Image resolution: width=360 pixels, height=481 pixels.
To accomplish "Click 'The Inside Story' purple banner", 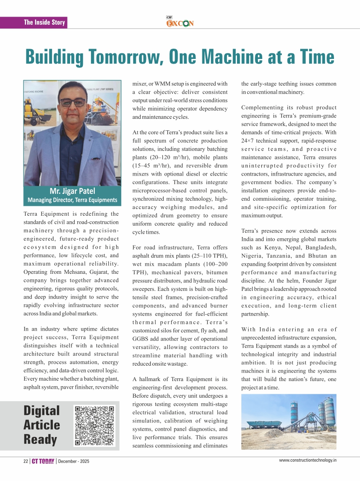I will click(44, 22).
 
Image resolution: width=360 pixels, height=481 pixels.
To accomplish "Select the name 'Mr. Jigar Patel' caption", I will click(73, 191).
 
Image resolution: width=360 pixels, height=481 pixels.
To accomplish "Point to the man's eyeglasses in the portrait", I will click(73, 103).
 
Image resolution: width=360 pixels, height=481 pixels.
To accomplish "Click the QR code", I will click(95, 425).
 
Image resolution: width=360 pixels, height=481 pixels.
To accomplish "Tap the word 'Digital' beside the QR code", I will click(42, 411).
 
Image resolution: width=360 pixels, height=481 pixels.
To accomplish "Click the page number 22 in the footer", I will click(26, 461).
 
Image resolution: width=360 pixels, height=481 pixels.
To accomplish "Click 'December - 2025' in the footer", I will click(74, 461).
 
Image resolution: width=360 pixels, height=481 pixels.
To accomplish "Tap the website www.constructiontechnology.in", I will click(308, 460).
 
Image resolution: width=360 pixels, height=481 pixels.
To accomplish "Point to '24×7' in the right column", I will click(248, 141).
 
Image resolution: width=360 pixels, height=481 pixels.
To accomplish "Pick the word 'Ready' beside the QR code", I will click(40, 439).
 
